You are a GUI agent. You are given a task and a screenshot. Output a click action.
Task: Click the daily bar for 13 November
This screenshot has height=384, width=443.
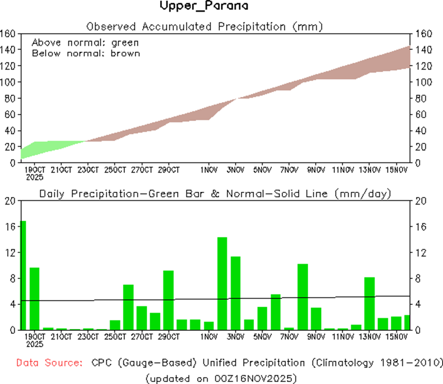(x=370, y=303)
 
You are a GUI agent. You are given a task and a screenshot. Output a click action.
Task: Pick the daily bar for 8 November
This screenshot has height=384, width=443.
(x=303, y=296)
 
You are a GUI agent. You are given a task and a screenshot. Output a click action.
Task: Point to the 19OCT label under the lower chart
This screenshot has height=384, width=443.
(x=35, y=337)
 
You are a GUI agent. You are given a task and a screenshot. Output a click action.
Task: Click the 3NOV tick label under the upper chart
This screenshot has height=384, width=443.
(x=235, y=169)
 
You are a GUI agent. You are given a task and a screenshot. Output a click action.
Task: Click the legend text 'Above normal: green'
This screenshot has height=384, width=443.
(x=85, y=43)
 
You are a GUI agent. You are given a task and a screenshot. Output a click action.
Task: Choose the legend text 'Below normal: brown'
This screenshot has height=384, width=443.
(x=85, y=53)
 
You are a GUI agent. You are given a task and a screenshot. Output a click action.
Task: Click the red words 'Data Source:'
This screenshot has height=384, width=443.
(x=48, y=363)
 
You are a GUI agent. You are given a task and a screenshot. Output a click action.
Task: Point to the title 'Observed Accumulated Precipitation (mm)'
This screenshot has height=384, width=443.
(x=205, y=26)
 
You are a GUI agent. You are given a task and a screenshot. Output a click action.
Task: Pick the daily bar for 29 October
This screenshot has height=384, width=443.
(x=169, y=300)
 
